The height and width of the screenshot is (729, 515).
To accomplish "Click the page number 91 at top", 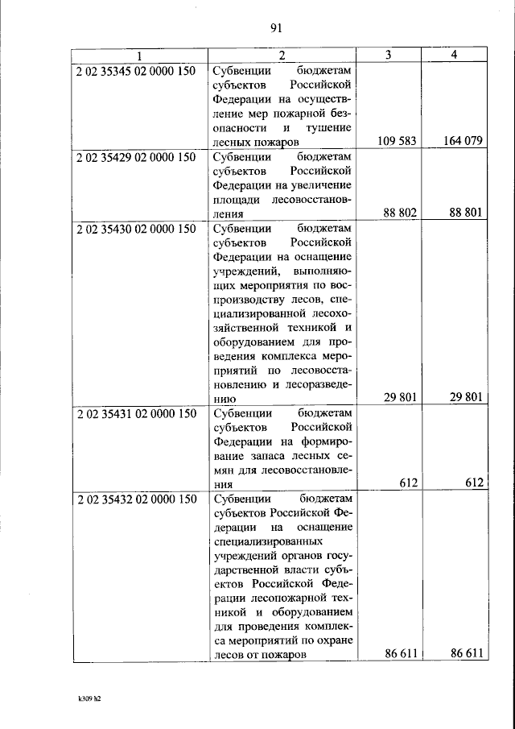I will [274, 28].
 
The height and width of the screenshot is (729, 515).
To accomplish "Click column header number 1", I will [138, 56].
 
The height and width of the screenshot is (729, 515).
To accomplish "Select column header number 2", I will [282, 56].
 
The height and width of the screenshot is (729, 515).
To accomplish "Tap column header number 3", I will [389, 56].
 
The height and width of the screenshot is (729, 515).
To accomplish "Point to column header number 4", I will [455, 56].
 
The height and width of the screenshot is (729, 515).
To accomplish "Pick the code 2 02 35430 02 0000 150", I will [136, 230].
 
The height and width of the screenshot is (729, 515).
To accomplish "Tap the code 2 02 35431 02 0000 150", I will [136, 414].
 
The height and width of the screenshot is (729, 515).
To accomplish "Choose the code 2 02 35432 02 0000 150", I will [136, 500].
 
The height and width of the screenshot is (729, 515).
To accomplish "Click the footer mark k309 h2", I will [83, 698].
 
